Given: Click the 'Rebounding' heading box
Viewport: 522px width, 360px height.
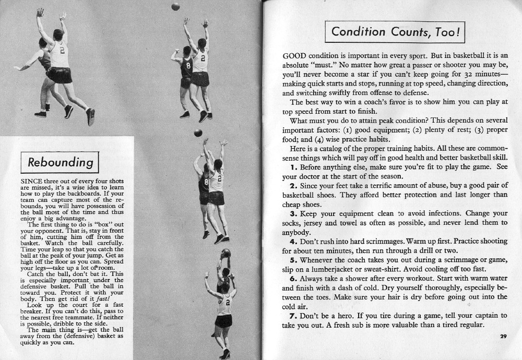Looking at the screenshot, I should [x=60, y=161].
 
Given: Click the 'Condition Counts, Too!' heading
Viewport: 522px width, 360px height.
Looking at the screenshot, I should [x=394, y=32].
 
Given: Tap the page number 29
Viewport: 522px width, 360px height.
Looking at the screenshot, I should [x=503, y=337].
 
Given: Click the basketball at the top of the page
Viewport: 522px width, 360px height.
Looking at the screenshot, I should [x=175, y=6].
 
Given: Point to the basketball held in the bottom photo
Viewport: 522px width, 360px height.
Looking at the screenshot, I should [x=226, y=253].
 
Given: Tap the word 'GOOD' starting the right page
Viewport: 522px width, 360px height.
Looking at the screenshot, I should [x=294, y=56].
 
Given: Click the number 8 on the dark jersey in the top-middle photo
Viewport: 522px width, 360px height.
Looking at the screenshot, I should [x=189, y=66].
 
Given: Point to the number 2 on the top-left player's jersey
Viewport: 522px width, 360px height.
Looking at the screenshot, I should [x=61, y=51].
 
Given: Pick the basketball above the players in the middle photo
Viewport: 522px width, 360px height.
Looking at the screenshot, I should [x=198, y=133].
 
